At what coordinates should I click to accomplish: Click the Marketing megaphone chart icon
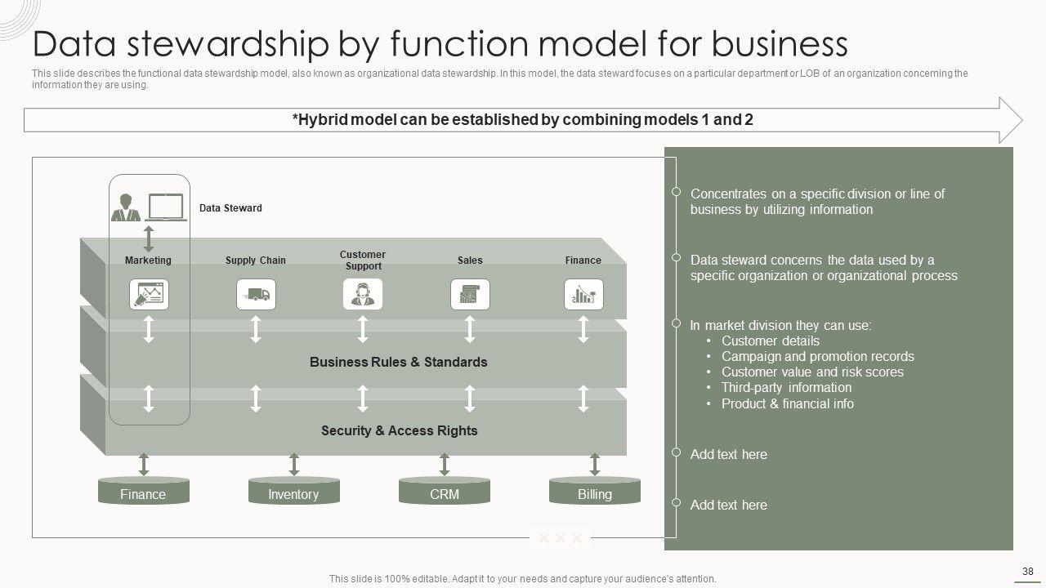[x=149, y=295]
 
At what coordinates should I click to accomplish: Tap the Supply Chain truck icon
[x=256, y=295]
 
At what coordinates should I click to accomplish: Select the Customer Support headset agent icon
[x=363, y=295]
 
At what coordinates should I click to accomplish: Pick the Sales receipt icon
[x=470, y=295]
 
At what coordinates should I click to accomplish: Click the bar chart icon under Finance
[x=583, y=295]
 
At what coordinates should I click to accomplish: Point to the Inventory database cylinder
[x=293, y=491]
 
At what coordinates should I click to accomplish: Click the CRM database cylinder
[x=444, y=491]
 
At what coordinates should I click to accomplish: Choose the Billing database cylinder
[x=594, y=491]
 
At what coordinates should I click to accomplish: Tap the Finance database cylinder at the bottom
[x=143, y=491]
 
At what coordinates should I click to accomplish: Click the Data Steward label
[x=230, y=208]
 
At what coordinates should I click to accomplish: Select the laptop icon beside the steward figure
[x=166, y=207]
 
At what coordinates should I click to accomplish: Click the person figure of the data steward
[x=126, y=207]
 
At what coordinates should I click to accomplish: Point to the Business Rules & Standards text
[x=398, y=362]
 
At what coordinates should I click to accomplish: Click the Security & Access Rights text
[x=400, y=430]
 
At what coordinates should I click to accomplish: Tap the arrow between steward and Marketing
[x=149, y=239]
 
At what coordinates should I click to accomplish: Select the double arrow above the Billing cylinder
[x=594, y=465]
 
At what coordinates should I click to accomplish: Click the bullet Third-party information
[x=786, y=388]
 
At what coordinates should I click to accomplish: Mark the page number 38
[x=1027, y=571]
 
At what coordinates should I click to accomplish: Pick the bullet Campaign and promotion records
[x=818, y=357]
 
